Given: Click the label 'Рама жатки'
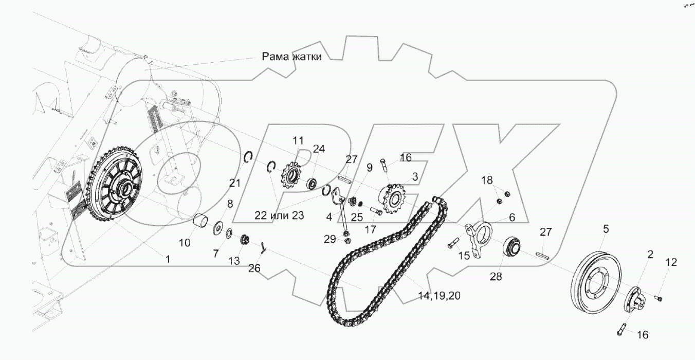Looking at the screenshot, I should pos(292,57).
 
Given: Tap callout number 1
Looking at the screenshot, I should pos(168,260).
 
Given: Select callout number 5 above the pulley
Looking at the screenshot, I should pos(605,229).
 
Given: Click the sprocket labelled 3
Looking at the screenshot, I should pos(393,200).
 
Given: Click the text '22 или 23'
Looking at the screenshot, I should pos(280,215).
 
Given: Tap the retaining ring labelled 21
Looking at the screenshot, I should pos(248,157).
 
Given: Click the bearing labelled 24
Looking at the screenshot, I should pos(312,183).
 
